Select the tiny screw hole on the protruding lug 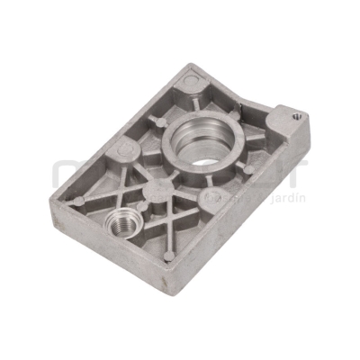coord(298,115)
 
